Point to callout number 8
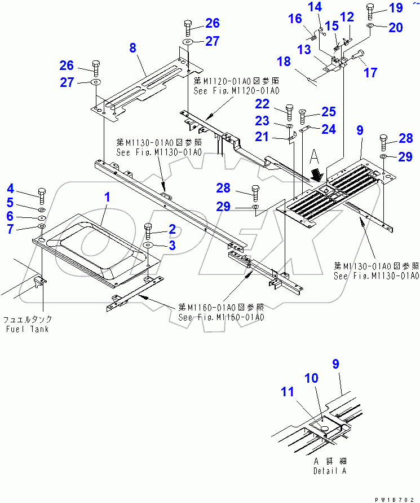tap(132, 48)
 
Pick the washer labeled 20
tap(369, 27)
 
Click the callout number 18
tap(284, 62)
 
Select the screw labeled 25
tap(303, 116)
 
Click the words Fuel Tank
tap(28, 329)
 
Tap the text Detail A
tap(330, 470)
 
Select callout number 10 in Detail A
tap(312, 378)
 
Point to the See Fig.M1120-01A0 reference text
tap(237, 90)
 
